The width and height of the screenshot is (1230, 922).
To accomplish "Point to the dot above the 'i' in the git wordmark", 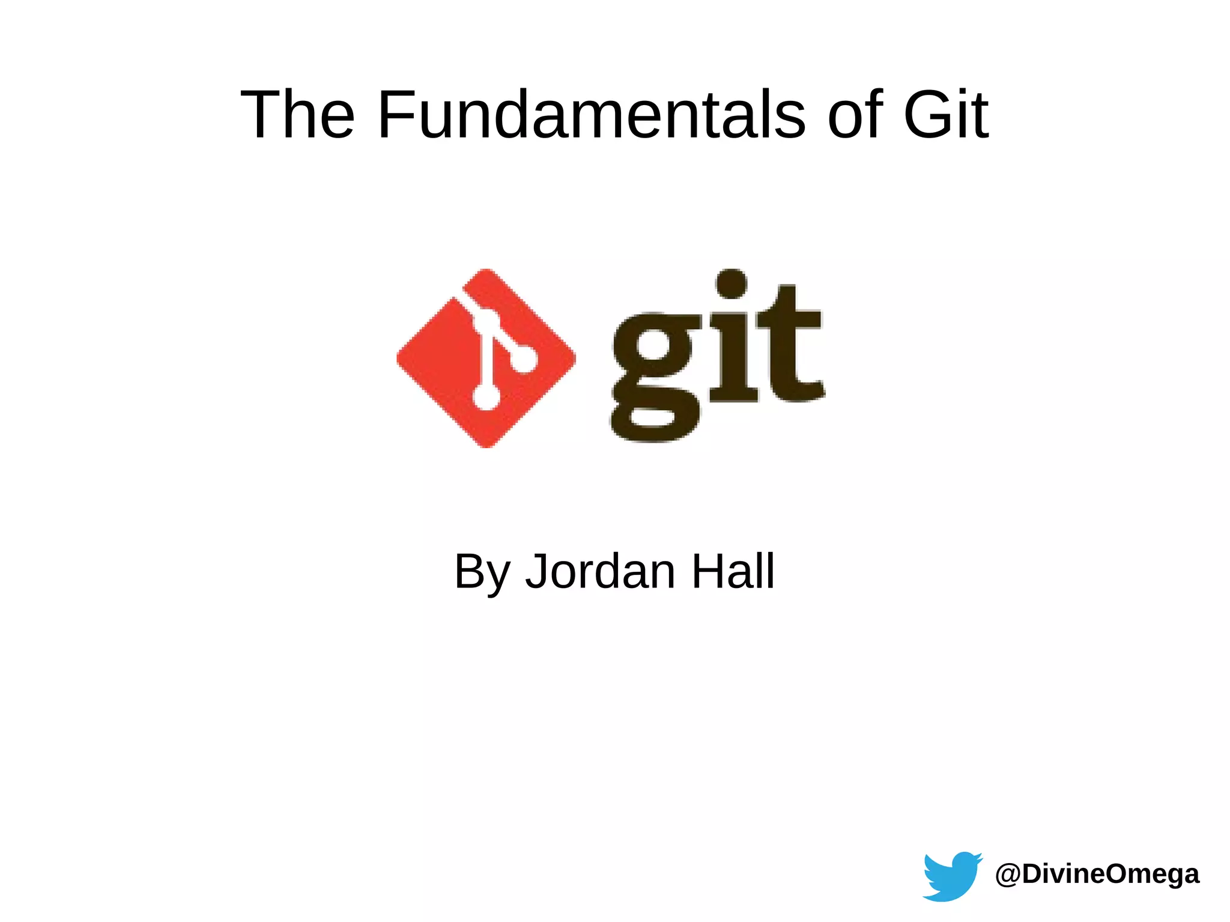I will (x=732, y=284).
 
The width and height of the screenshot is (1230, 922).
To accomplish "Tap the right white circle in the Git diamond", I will (x=524, y=360).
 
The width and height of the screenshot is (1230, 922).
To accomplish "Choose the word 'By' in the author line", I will (x=481, y=571).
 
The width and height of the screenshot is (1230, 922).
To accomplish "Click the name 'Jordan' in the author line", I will (x=600, y=571).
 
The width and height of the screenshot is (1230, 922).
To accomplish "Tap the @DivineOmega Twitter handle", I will (x=1097, y=874).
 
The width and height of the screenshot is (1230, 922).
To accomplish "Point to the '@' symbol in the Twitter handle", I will (x=1008, y=875).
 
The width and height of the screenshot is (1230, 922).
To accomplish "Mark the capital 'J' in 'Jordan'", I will (x=537, y=571).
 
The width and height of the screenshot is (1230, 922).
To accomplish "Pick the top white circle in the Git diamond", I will (x=486, y=320).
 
